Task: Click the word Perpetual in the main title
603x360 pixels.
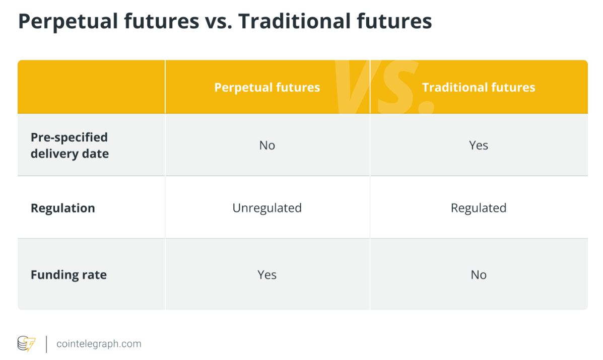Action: [68, 22]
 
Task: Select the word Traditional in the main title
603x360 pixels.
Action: [294, 21]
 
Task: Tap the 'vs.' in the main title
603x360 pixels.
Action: [219, 22]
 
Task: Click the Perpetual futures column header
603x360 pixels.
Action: [267, 88]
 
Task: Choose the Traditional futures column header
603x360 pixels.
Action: [479, 88]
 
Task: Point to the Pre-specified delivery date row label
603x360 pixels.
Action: [70, 145]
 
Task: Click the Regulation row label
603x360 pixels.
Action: [62, 208]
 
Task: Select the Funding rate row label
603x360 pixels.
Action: [69, 275]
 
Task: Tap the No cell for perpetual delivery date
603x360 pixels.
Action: [267, 145]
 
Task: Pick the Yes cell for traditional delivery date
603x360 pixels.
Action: [479, 145]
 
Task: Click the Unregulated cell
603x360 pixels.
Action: [267, 208]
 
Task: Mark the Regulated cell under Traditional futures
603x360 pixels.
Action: [479, 208]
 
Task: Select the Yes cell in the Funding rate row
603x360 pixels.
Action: [267, 275]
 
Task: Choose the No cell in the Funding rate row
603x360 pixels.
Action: [479, 275]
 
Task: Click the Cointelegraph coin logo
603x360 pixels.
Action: [27, 344]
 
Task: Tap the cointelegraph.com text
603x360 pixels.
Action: [99, 344]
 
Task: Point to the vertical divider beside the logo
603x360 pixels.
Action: [46, 344]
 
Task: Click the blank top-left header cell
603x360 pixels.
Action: [92, 87]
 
